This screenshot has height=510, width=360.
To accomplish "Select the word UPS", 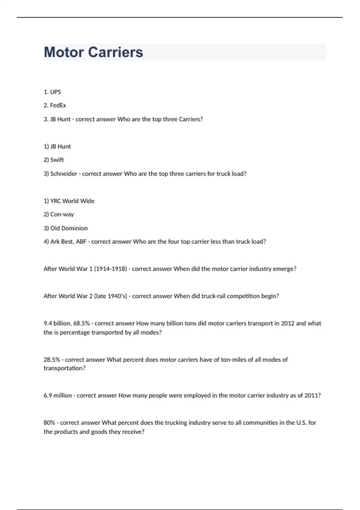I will point(55,92).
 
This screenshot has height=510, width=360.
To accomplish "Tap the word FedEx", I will point(58,106).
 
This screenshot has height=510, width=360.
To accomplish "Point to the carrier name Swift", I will point(57,160).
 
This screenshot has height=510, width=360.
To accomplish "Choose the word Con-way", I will point(62,214).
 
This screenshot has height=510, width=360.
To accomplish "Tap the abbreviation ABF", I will point(81,242).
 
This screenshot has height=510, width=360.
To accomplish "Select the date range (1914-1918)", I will point(110,269).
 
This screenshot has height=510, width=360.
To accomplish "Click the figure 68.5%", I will point(81,323).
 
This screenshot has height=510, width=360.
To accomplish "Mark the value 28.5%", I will point(52,360).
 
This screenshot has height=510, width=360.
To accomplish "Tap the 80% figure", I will point(49,423).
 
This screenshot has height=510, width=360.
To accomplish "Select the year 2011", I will point(312,396).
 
